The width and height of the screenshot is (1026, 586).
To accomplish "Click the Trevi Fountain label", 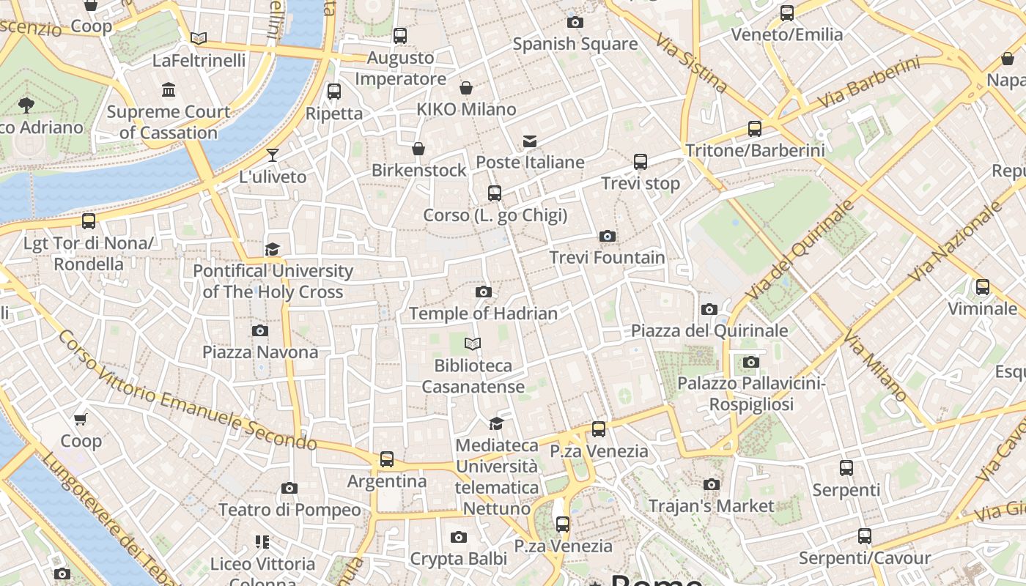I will coord(608,258).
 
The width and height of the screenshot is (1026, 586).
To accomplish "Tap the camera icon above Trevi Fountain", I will coord(608,236).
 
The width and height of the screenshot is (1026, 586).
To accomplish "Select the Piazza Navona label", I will coord(260,352).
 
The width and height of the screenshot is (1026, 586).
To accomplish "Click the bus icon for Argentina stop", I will coord(387,459).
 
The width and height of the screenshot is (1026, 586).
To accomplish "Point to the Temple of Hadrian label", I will coord(483,314).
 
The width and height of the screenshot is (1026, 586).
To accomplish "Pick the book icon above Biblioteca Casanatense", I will coord(473,344).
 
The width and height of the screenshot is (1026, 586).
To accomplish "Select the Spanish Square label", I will coord(575,44).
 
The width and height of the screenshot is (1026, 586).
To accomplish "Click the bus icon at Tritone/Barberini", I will coord(755,129).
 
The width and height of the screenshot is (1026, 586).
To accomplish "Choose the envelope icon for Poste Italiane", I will coord(530,141).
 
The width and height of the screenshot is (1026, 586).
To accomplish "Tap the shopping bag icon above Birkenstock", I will coord(418,149).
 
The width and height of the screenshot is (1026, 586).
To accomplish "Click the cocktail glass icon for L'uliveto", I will coord(273,155).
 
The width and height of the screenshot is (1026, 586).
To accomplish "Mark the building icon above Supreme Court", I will coord(169,90).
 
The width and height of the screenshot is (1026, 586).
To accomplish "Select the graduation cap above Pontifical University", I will coord(273,249).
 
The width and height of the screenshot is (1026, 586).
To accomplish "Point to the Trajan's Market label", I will coord(711,506).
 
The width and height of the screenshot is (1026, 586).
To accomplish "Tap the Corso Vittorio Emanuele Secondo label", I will coord(186,392).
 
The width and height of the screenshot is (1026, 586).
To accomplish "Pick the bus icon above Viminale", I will coord(983,287).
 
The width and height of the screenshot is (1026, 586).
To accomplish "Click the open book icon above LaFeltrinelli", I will coord(199,38).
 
